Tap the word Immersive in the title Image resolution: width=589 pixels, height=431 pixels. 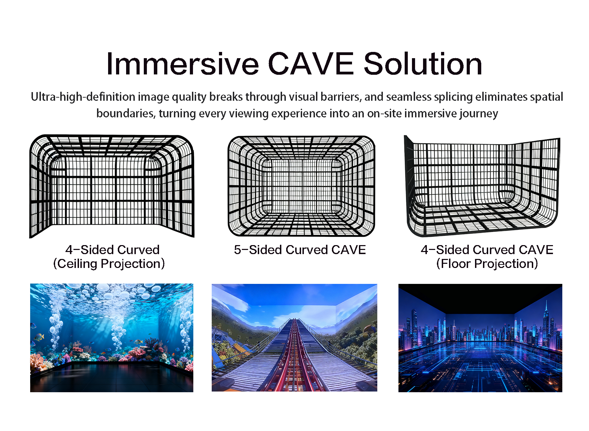point(183,64)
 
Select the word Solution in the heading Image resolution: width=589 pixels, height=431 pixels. point(423,64)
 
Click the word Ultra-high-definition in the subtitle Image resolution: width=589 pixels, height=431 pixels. point(83,97)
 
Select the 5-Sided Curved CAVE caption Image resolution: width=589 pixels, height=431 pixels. point(300,250)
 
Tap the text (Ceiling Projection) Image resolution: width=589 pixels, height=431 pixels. point(109,264)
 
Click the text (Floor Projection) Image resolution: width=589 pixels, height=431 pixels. point(487,264)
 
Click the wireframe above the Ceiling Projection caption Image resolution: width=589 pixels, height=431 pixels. point(112,186)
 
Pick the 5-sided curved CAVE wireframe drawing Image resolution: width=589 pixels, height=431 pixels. point(301,186)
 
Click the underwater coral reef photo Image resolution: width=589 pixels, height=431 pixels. point(112,338)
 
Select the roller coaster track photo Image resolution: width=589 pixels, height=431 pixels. point(294,338)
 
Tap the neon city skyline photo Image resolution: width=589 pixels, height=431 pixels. point(480,338)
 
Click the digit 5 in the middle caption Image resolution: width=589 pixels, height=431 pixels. point(237,250)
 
